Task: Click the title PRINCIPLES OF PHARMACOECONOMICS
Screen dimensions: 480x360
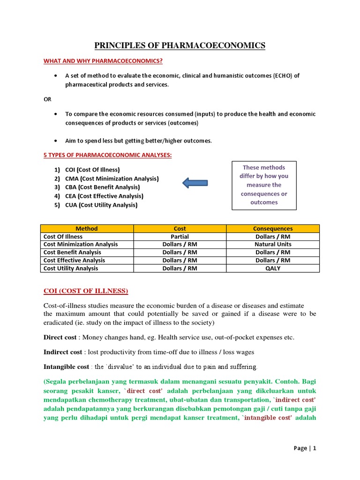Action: [180, 45]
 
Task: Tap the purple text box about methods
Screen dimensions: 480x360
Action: [264, 185]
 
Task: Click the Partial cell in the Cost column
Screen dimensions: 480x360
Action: [180, 236]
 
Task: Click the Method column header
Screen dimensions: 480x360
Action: [87, 228]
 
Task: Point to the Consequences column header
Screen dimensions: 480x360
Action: [273, 228]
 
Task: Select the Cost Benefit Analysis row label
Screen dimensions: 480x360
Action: [72, 252]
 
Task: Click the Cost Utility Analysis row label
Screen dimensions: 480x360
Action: [71, 268]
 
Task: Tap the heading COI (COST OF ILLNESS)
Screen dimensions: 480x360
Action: [85, 291]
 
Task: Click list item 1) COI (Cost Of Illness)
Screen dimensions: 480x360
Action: [93, 170]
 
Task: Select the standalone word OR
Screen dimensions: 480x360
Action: [47, 99]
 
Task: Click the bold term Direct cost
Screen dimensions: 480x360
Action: [60, 337]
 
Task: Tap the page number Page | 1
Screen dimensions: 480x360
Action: [305, 448]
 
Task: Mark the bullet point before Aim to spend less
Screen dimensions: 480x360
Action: [56, 141]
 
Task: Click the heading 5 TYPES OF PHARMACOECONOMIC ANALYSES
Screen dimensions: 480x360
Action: [107, 155]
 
